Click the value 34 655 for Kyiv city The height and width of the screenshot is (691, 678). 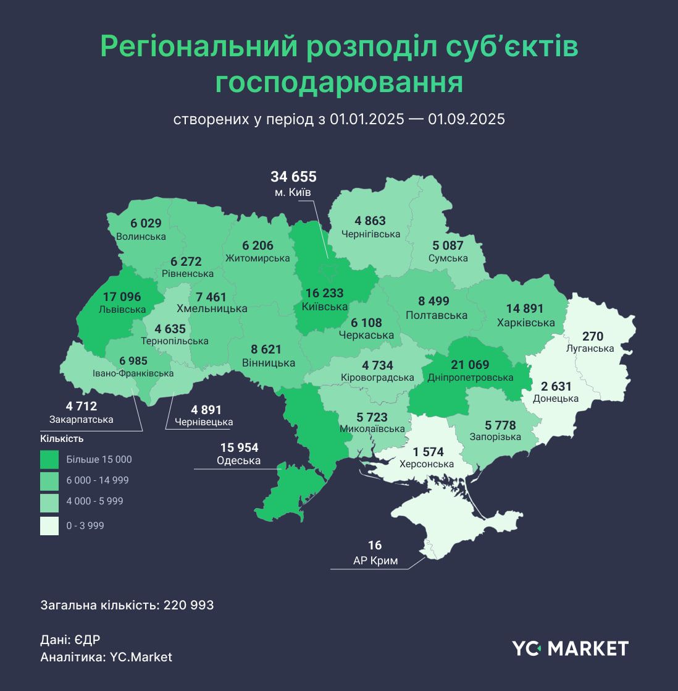pyautogui.click(x=293, y=177)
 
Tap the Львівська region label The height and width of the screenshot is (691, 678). pyautogui.click(x=122, y=309)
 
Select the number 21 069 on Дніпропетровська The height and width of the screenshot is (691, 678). pyautogui.click(x=470, y=365)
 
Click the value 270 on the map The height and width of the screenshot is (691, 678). pyautogui.click(x=592, y=336)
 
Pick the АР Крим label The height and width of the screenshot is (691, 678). pyautogui.click(x=375, y=561)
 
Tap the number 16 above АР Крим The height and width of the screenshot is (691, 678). pyautogui.click(x=375, y=545)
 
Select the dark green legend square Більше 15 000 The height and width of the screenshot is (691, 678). pyautogui.click(x=49, y=459)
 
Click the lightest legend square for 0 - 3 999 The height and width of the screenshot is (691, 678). pyautogui.click(x=49, y=525)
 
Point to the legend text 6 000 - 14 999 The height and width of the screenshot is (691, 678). pyautogui.click(x=98, y=480)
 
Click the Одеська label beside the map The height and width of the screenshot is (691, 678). pyautogui.click(x=238, y=460)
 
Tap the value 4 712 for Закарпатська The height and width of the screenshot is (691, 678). pyautogui.click(x=82, y=406)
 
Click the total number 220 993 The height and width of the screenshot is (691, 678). pyautogui.click(x=188, y=605)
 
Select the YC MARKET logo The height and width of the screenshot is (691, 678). pyautogui.click(x=569, y=648)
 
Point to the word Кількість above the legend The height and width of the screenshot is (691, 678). pyautogui.click(x=62, y=439)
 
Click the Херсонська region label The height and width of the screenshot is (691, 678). pyautogui.click(x=426, y=464)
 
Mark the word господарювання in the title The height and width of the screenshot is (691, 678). pyautogui.click(x=339, y=83)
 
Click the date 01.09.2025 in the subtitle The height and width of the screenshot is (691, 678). pyautogui.click(x=466, y=119)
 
